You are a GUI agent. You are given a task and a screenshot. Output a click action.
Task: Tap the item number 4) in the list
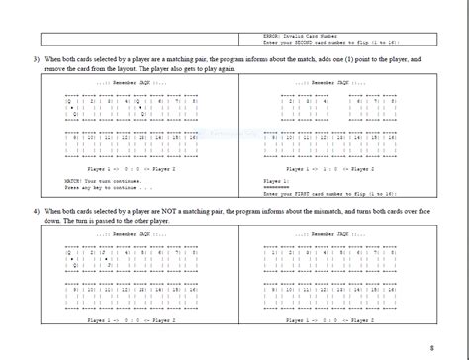[35, 212]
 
